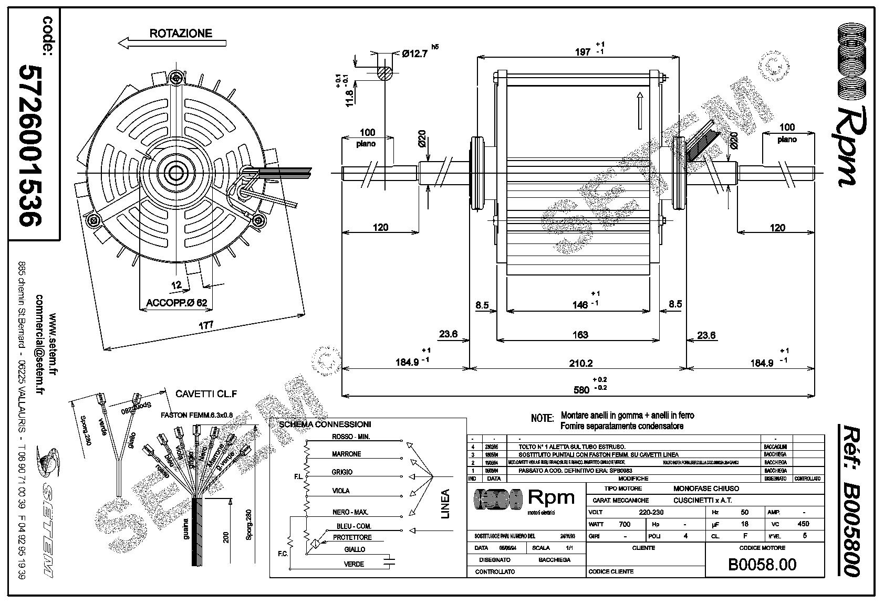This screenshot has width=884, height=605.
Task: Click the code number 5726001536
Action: click(x=29, y=145)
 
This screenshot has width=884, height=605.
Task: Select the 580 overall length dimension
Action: click(x=581, y=389)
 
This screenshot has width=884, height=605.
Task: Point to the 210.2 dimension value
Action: click(x=580, y=363)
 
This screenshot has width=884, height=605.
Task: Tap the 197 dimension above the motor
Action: click(x=583, y=51)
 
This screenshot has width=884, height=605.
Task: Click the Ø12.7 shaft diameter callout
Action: click(x=414, y=53)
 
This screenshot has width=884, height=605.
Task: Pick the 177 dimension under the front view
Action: click(x=205, y=325)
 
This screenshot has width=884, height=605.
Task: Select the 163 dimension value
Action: click(x=580, y=335)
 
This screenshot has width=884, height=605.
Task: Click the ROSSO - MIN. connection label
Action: click(x=351, y=437)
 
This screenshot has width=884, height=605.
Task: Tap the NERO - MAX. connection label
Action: click(x=350, y=512)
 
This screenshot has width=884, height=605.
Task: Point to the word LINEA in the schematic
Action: click(x=445, y=503)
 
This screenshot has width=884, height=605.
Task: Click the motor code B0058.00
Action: click(x=762, y=564)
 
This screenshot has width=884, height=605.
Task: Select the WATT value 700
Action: click(x=624, y=524)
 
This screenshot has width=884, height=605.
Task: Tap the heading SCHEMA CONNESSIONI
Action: click(x=325, y=424)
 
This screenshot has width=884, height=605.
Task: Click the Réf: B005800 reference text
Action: click(x=849, y=501)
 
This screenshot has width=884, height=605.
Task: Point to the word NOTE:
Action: click(x=542, y=418)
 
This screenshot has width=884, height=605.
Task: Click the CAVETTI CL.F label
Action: click(x=199, y=394)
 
